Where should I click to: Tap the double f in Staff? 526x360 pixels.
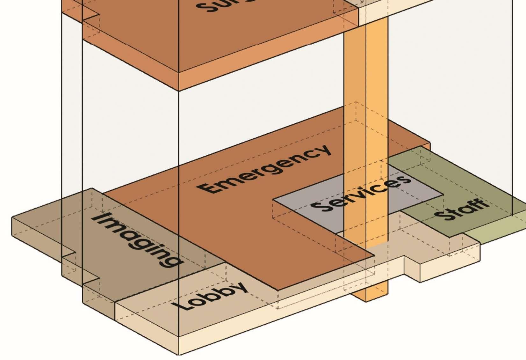(475, 206)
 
